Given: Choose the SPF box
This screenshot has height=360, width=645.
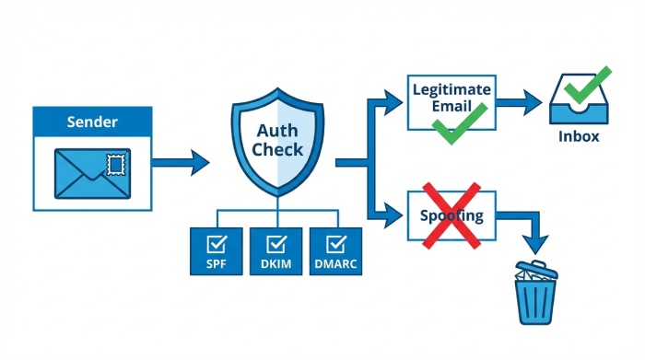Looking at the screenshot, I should [217, 251].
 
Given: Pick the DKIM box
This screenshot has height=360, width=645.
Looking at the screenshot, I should [276, 251].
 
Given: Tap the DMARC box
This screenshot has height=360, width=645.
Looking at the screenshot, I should [336, 251].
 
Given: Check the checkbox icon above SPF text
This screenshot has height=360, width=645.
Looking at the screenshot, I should [217, 244].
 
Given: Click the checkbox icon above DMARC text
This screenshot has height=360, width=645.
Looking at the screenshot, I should [336, 244].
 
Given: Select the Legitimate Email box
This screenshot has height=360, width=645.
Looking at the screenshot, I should [451, 101].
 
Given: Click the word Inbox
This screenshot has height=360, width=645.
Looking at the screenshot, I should [579, 137].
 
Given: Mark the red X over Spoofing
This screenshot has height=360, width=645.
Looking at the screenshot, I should [451, 215].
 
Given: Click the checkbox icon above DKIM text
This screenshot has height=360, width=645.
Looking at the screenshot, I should [276, 244].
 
